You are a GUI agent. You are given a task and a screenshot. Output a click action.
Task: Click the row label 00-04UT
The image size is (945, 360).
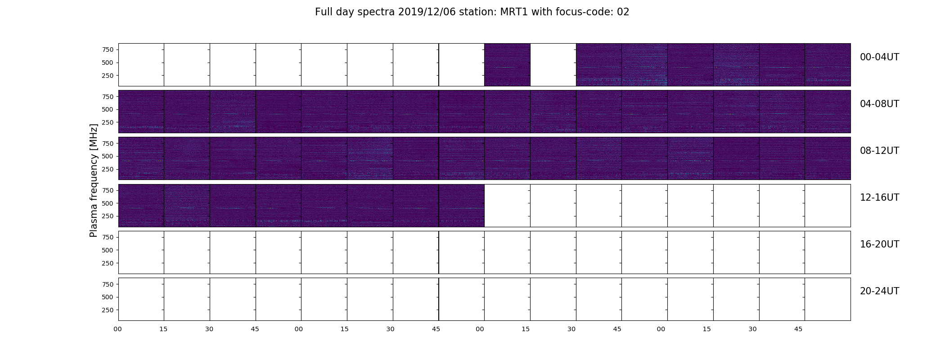(x=879, y=57)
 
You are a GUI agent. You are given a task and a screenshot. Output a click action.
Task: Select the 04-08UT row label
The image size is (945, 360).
(x=879, y=104)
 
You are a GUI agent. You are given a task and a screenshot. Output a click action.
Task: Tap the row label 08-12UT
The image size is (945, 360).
(x=879, y=151)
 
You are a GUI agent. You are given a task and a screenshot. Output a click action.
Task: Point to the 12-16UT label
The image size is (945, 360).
(x=879, y=198)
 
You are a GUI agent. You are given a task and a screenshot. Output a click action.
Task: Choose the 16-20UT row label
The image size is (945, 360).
(x=879, y=244)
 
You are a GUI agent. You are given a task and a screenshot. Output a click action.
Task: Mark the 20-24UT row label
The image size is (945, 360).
(x=879, y=291)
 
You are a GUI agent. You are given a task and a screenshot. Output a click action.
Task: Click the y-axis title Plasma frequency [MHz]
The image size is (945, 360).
(x=94, y=180)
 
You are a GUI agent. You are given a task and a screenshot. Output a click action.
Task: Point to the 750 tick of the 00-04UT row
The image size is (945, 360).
(x=108, y=49)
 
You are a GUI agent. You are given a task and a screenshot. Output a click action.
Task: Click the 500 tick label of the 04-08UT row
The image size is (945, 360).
(x=108, y=109)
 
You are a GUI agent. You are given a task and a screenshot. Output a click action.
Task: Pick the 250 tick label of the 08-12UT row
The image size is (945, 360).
(x=108, y=169)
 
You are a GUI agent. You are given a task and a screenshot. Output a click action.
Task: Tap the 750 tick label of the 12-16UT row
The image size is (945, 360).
(x=108, y=190)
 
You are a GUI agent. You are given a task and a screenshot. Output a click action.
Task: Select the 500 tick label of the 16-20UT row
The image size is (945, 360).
(x=108, y=250)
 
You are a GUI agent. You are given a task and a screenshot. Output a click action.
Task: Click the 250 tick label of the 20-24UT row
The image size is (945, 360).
(x=108, y=310)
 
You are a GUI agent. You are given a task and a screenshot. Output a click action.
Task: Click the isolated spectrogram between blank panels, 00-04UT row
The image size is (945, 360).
(x=507, y=65)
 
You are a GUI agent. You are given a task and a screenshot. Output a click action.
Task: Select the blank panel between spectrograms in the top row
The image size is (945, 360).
(x=553, y=65)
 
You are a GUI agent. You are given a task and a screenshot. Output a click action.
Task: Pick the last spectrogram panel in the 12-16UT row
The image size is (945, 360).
(x=461, y=206)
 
